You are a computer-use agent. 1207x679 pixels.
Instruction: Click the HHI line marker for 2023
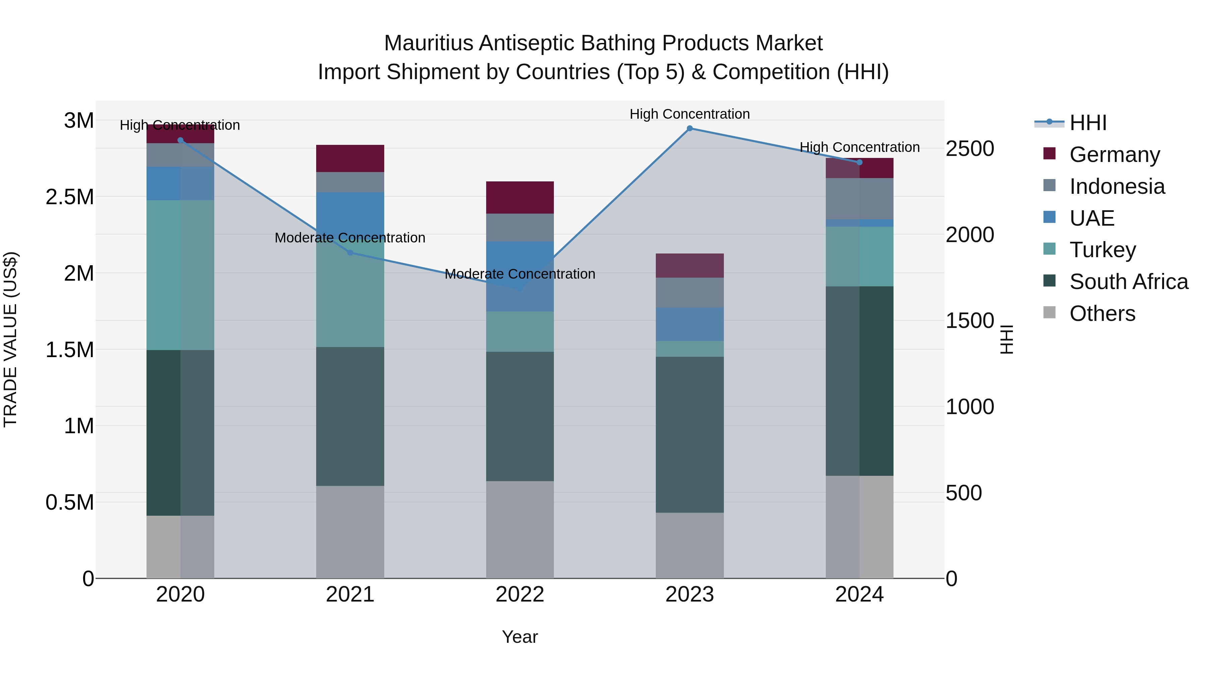click(689, 128)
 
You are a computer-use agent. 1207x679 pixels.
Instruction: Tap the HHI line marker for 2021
click(350, 252)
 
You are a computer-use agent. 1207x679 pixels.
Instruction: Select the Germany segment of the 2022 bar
click(520, 197)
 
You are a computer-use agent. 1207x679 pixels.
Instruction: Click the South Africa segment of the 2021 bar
click(350, 416)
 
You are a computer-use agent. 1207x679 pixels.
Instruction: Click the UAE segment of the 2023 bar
click(689, 324)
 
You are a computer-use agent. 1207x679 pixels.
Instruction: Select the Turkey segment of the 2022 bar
click(520, 331)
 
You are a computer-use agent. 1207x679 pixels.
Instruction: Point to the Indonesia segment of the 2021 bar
click(350, 182)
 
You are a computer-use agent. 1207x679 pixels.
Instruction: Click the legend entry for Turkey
click(1102, 250)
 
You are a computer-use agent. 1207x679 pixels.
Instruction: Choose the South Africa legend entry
click(1128, 282)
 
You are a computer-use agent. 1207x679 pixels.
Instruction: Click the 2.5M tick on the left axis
click(70, 197)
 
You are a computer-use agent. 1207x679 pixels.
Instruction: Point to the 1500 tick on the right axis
click(969, 321)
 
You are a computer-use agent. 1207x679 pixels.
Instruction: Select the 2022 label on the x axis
click(520, 595)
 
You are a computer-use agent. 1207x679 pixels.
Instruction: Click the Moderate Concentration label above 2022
click(520, 274)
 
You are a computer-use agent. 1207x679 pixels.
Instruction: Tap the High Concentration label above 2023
click(689, 114)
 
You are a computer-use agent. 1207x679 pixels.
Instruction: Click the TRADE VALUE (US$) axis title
click(11, 339)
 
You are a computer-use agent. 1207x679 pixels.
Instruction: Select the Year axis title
click(520, 637)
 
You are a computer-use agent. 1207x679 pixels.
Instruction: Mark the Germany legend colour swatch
click(1049, 154)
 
